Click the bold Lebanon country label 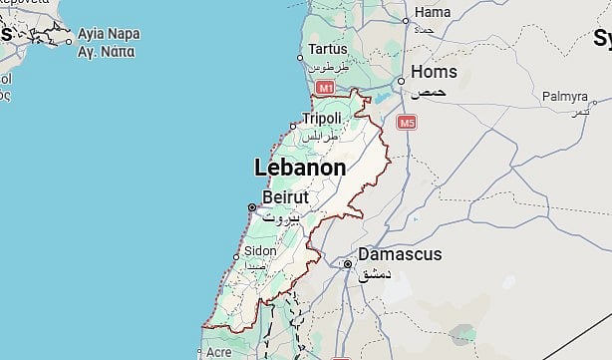[300, 168]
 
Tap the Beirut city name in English [286, 196]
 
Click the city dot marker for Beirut [251, 207]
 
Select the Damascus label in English [400, 254]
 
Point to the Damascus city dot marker [347, 265]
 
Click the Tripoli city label [322, 119]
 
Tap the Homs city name [435, 72]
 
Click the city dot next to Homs [401, 81]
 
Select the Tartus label [329, 49]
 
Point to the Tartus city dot [301, 58]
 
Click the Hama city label [432, 12]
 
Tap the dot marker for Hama [406, 20]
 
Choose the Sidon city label [260, 250]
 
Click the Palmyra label [565, 97]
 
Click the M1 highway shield [324, 89]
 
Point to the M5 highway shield [407, 123]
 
